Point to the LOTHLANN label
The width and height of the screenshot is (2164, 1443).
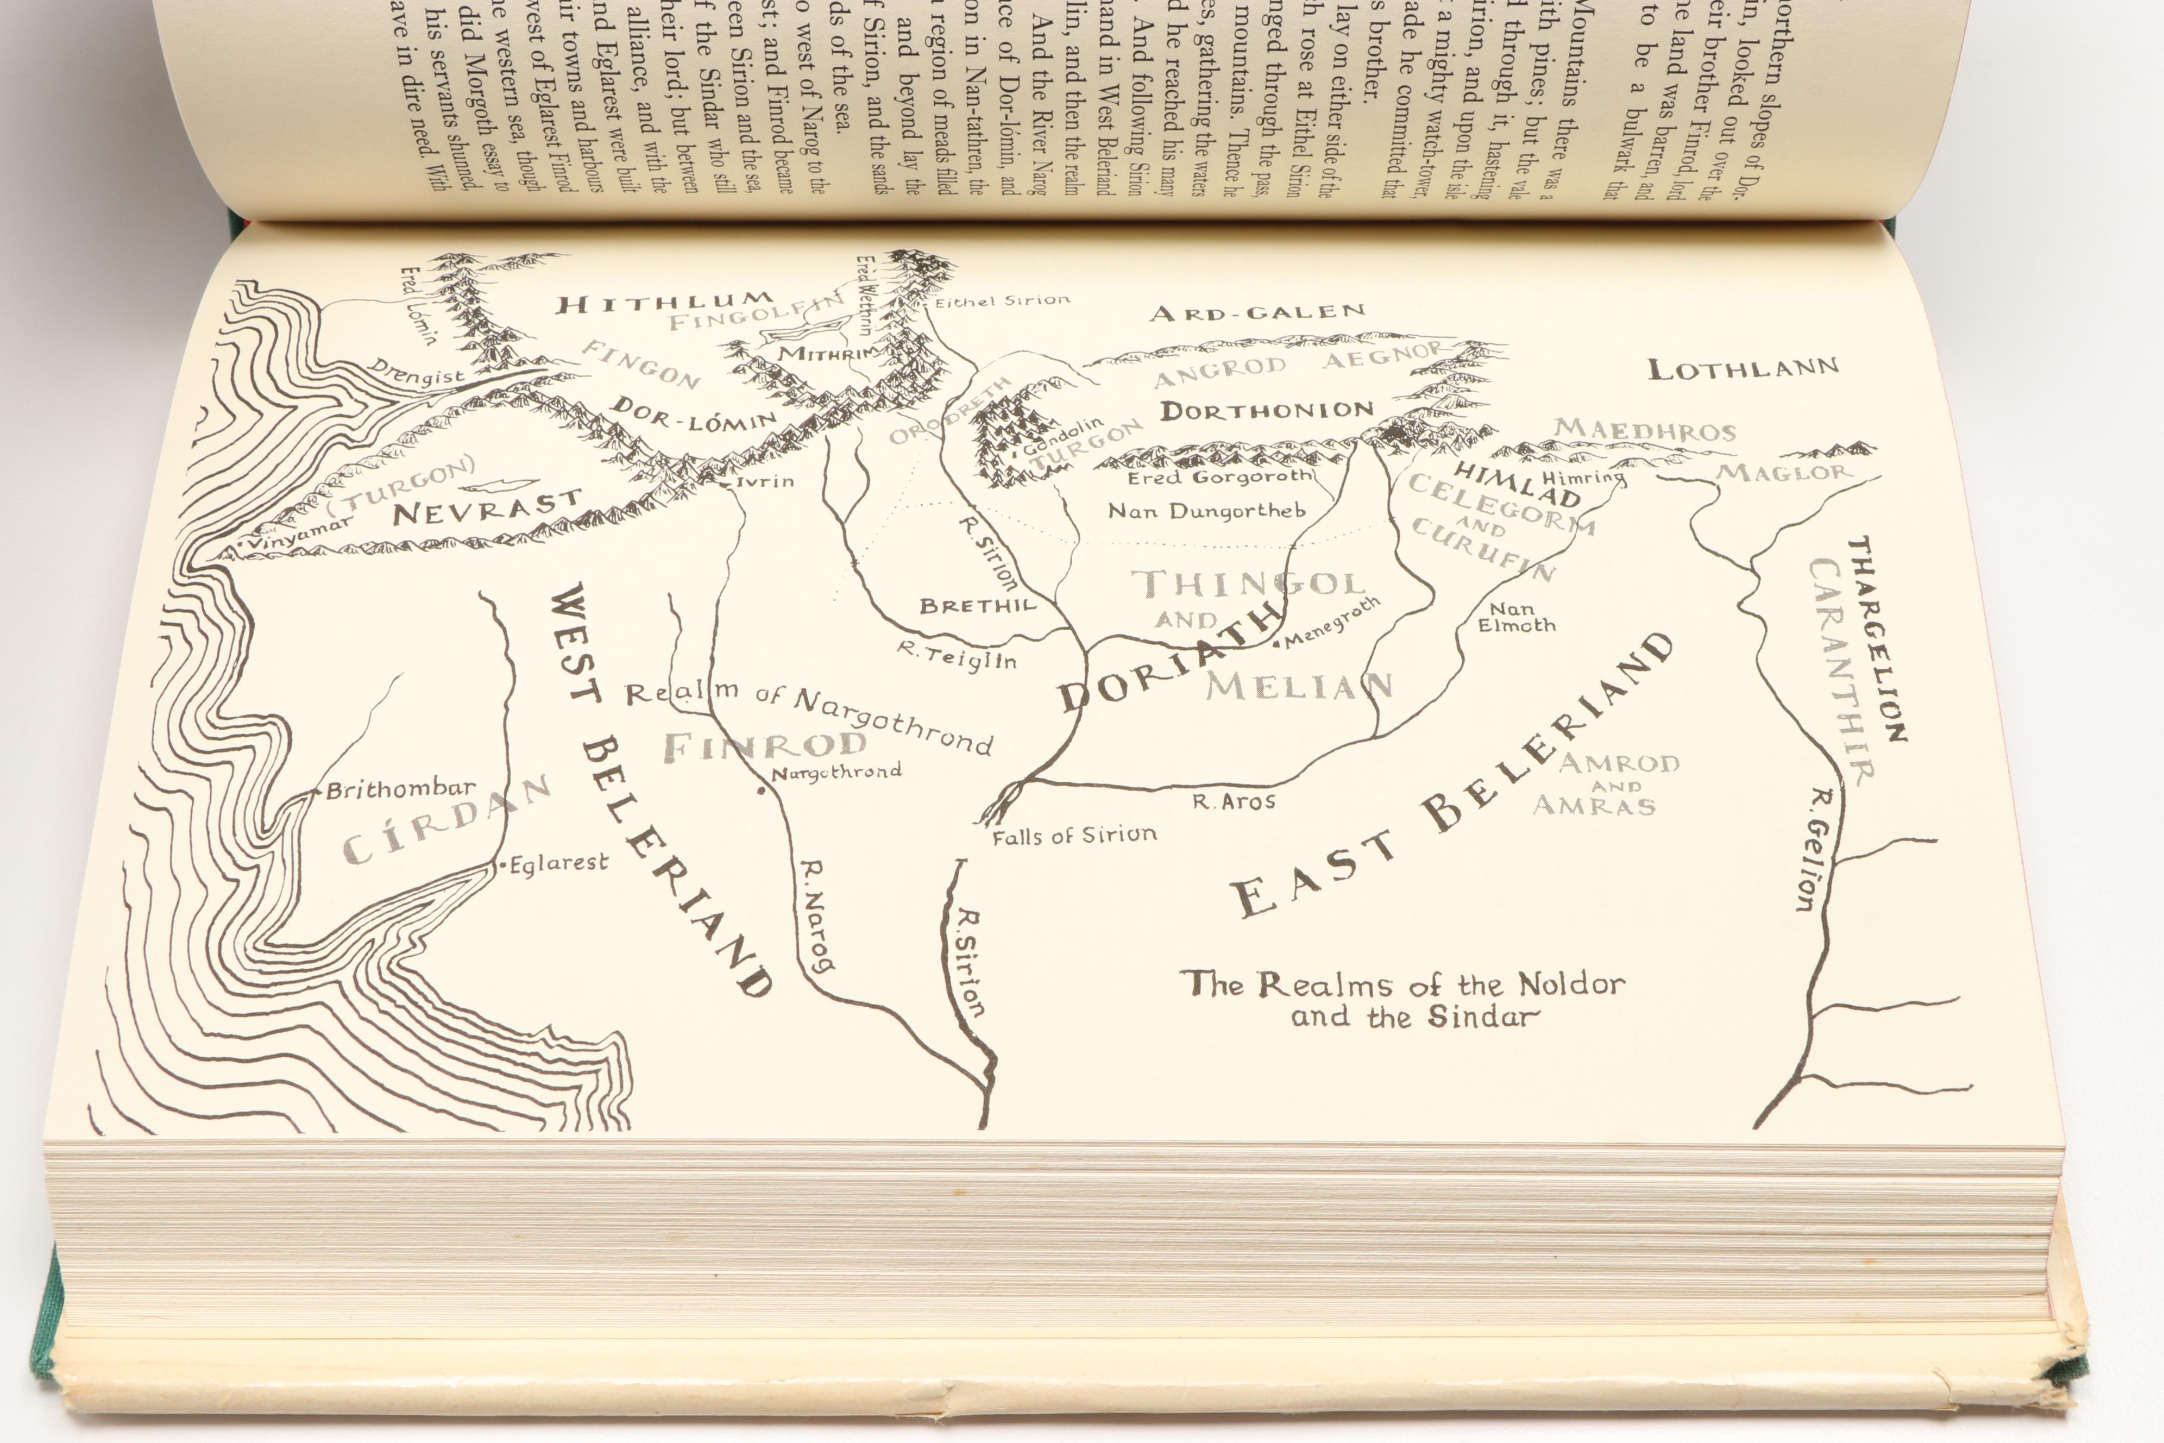(x=1742, y=369)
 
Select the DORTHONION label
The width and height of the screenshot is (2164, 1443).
(x=1267, y=410)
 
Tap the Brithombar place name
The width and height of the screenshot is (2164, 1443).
(x=401, y=789)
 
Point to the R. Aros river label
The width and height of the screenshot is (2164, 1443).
(x=1234, y=801)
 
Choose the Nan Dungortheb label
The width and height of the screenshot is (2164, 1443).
(x=1206, y=511)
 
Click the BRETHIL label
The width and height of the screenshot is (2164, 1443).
(x=977, y=606)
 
